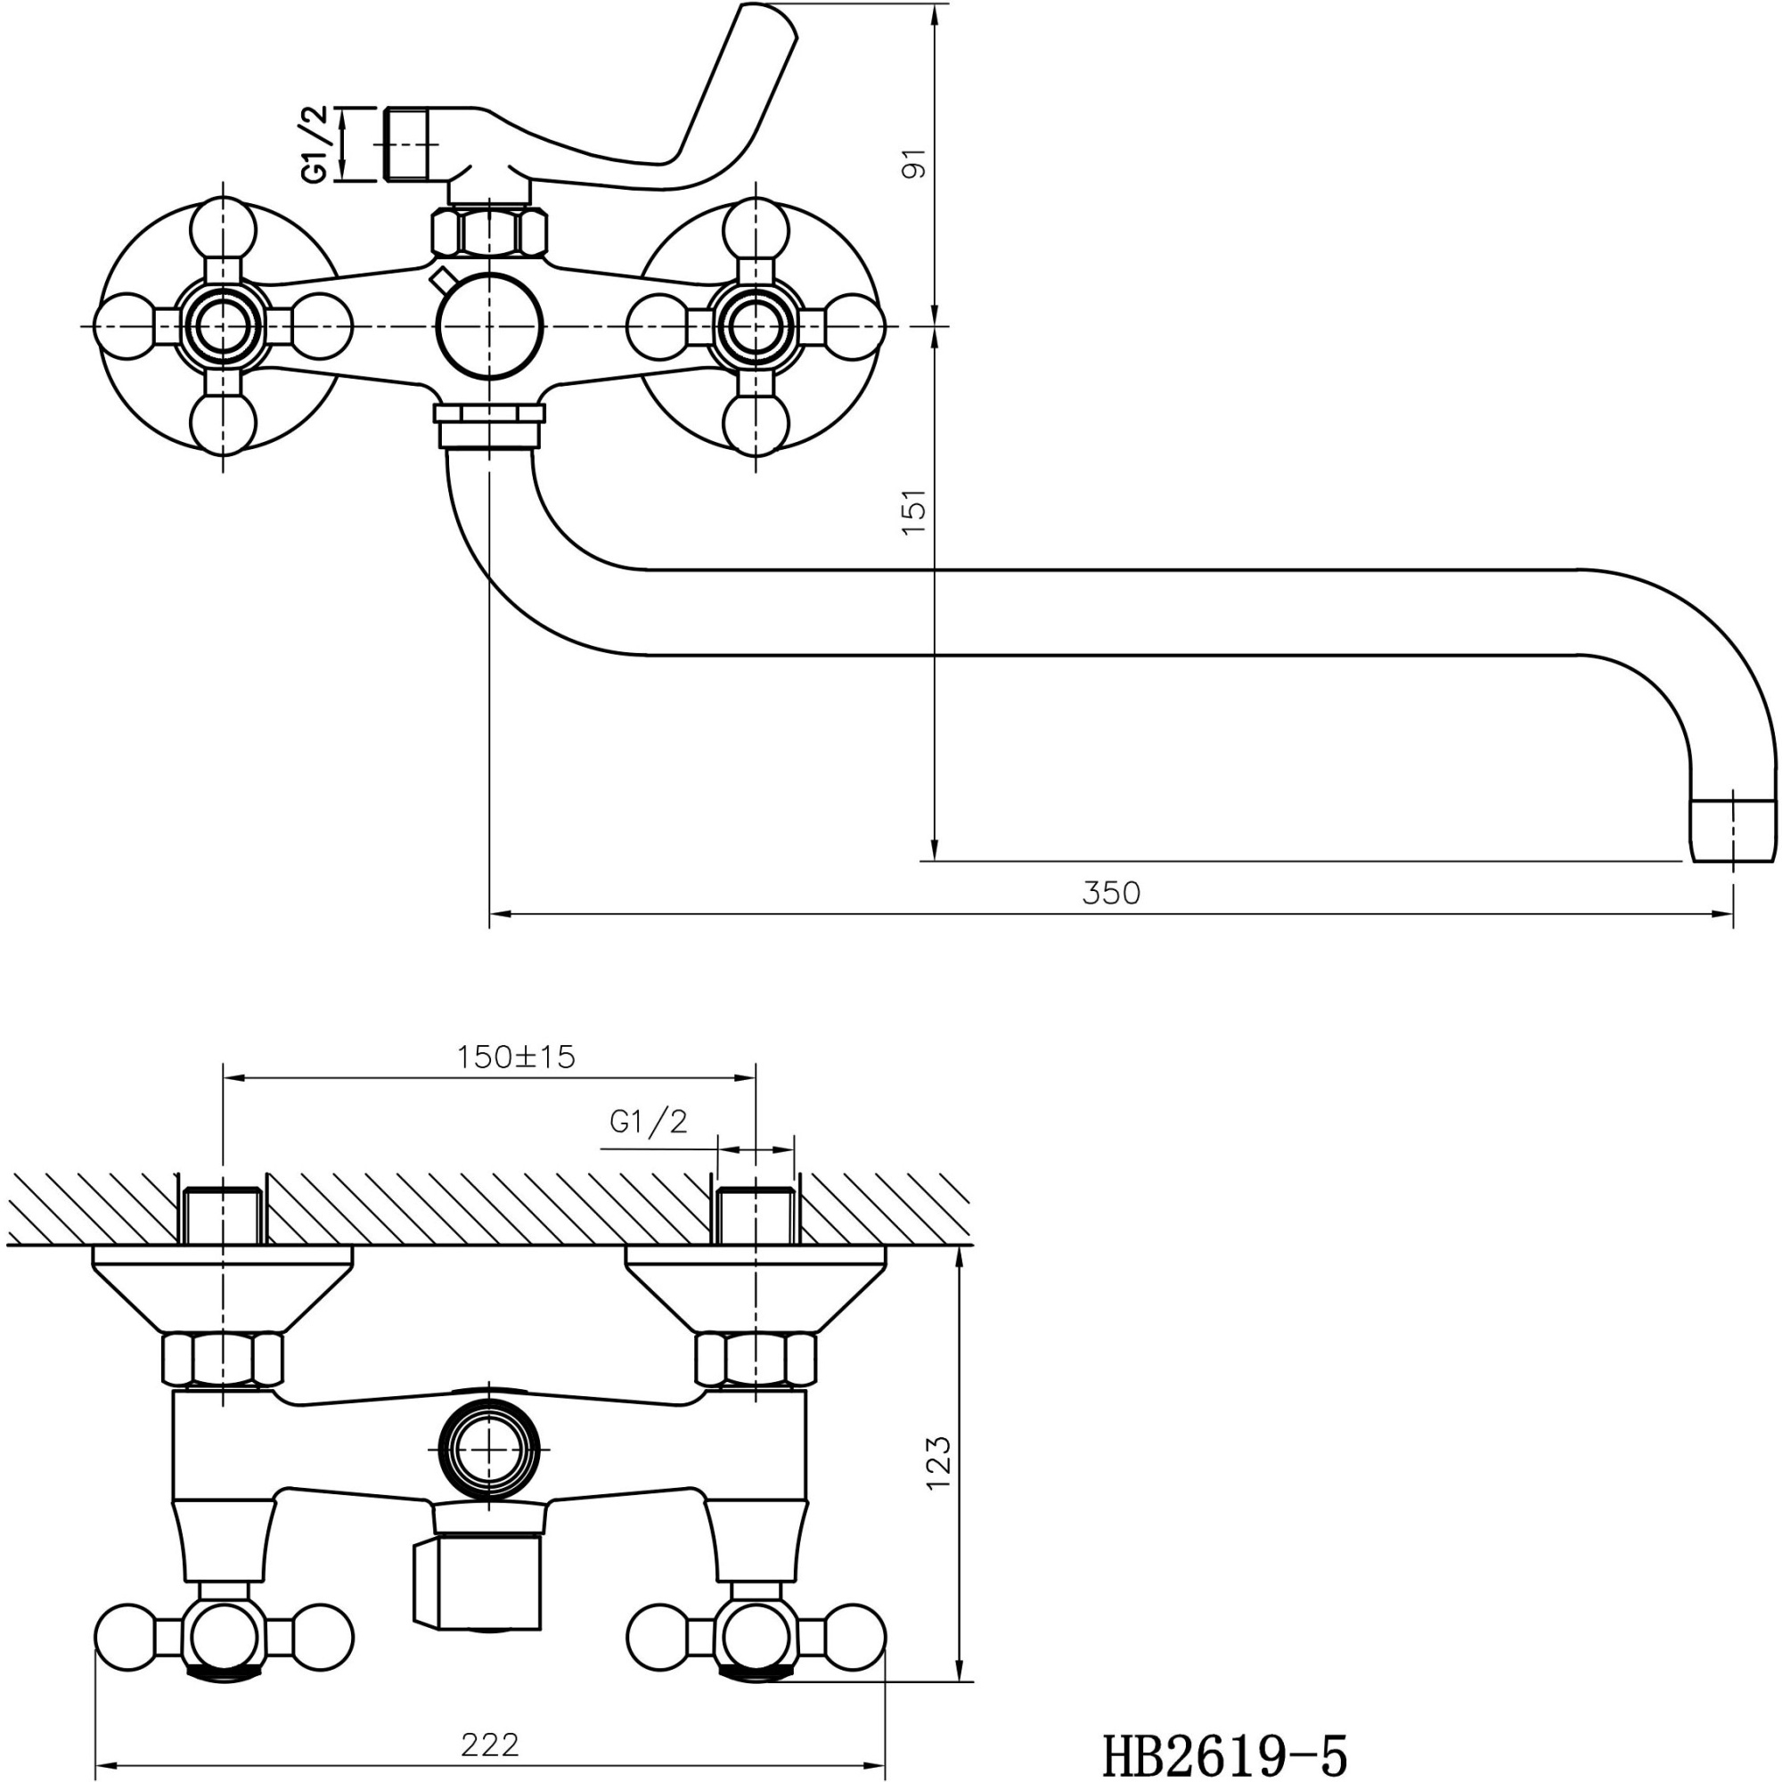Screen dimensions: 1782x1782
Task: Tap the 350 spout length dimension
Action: coord(1110,893)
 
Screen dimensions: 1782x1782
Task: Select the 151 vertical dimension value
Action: coord(913,513)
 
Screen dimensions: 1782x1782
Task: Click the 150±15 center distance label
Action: coord(516,1056)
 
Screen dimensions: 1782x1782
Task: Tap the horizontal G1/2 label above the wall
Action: coord(649,1122)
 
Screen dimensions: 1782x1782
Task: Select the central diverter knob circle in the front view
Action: coord(490,326)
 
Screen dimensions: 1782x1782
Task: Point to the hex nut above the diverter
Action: coord(490,233)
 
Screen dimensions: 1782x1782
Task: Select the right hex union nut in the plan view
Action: coord(756,1360)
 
